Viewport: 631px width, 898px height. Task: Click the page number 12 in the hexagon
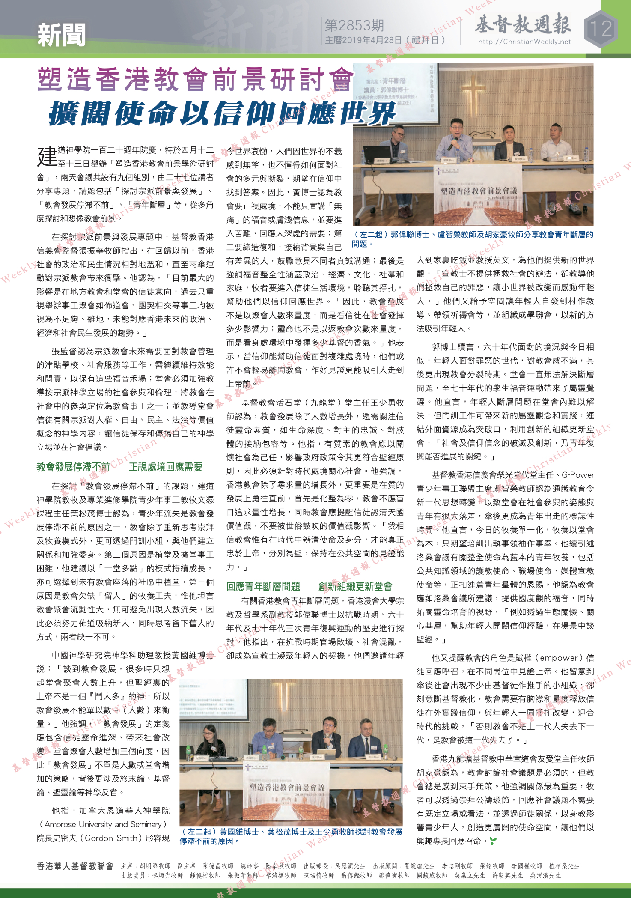(x=601, y=29)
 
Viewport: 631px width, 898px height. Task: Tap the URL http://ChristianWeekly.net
(x=524, y=42)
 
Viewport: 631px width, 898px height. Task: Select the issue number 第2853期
(x=354, y=26)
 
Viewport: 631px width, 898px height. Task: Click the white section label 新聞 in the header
(x=61, y=35)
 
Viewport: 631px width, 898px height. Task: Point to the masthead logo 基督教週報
(x=523, y=24)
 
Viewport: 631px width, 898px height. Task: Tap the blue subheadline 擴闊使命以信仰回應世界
(x=222, y=114)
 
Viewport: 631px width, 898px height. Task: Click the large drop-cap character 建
(x=47, y=156)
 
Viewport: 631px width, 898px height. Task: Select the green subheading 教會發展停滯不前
(x=73, y=467)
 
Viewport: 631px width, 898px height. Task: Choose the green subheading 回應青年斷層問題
(x=263, y=586)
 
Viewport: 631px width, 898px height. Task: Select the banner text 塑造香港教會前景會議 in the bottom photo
(x=287, y=787)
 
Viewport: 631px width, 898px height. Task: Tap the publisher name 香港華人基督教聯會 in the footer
(x=75, y=866)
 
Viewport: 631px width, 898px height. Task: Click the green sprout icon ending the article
(x=493, y=841)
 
